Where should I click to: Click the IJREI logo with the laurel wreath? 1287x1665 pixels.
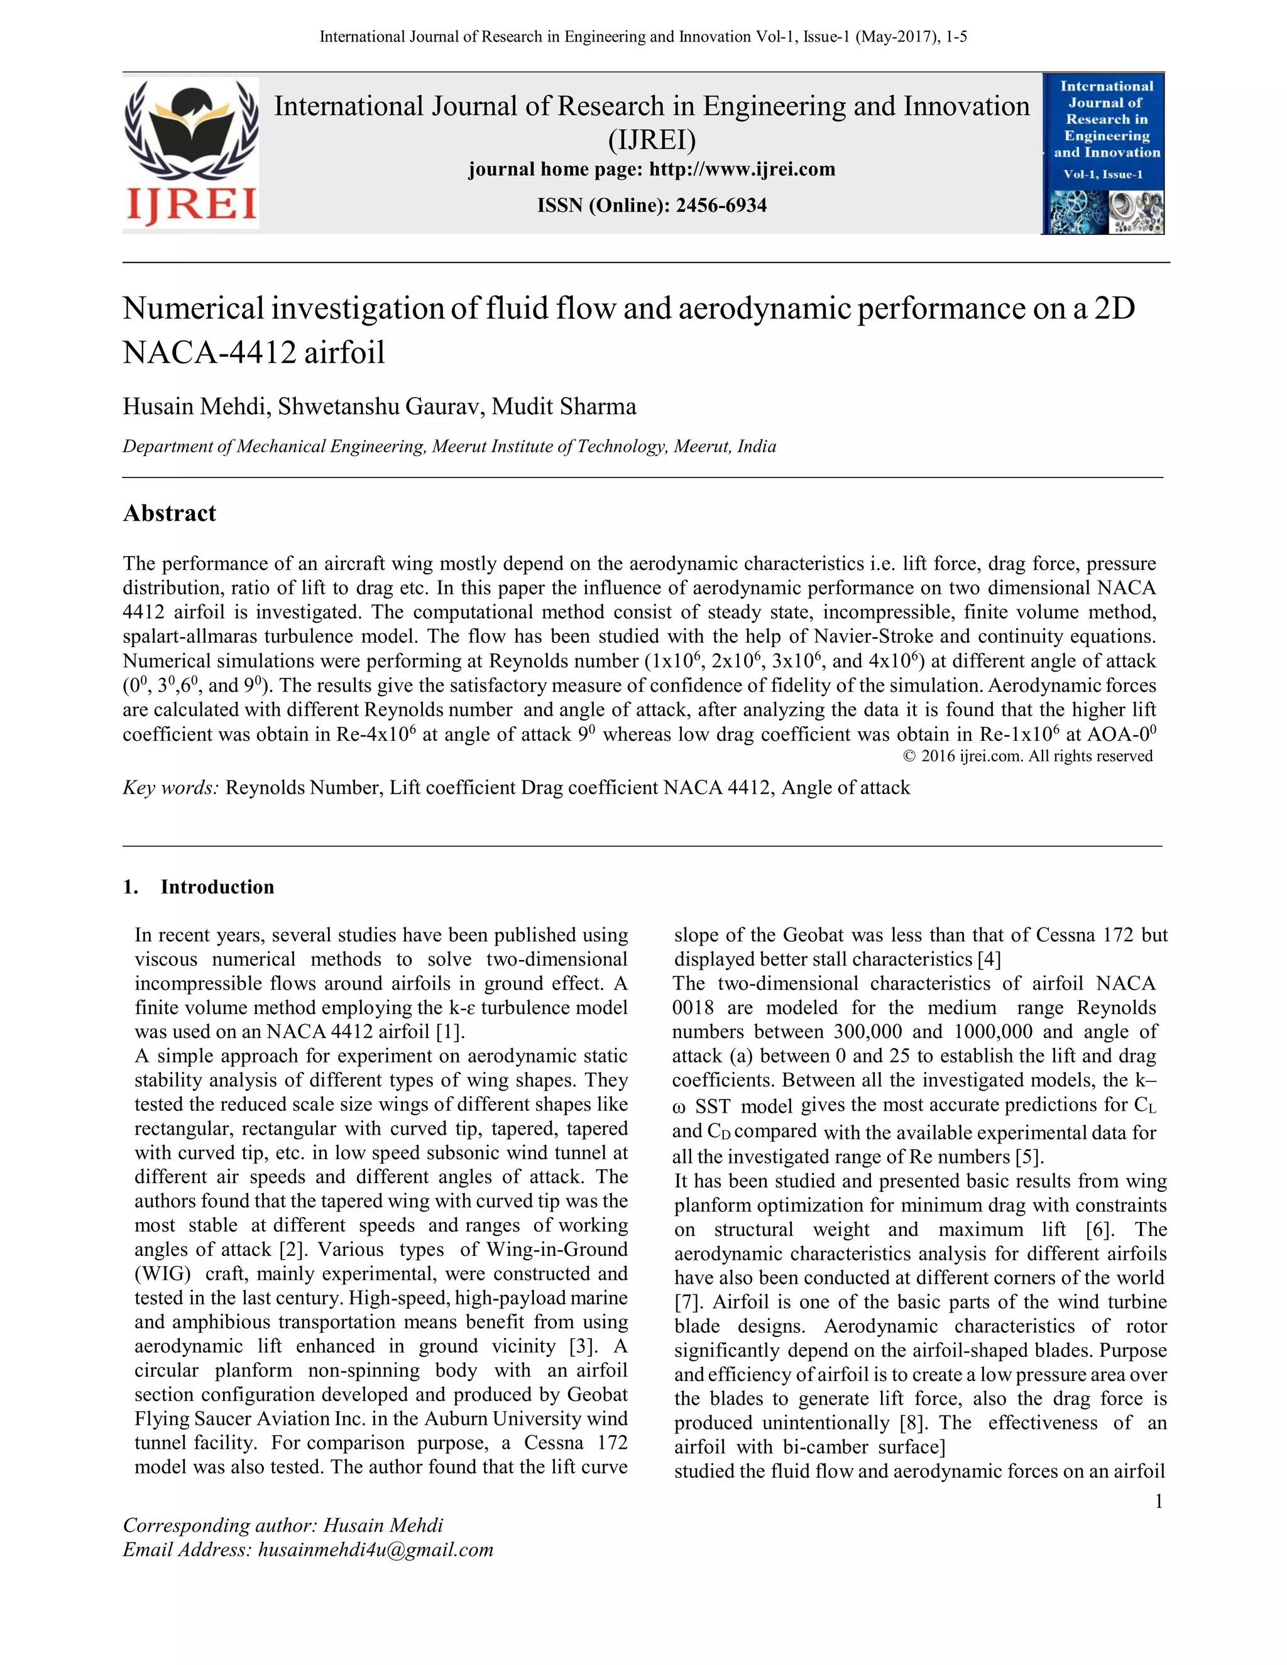(x=190, y=153)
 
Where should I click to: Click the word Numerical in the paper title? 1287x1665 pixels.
(x=193, y=308)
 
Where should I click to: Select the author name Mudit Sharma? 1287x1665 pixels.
(x=564, y=407)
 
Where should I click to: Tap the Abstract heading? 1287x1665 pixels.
(x=169, y=513)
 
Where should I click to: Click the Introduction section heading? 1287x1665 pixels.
(x=217, y=887)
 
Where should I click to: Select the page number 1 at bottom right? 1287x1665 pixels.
(x=1158, y=1501)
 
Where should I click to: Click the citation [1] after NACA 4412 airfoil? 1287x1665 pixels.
(x=450, y=1032)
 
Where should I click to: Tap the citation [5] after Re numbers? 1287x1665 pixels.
(x=1029, y=1157)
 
